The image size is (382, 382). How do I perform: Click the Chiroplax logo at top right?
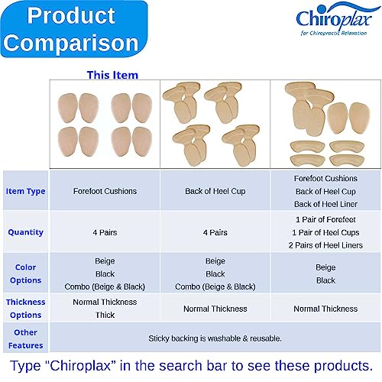(x=333, y=20)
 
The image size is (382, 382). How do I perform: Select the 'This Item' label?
(x=112, y=75)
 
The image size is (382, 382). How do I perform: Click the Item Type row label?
(x=25, y=191)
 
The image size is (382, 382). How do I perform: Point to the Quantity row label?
(x=25, y=231)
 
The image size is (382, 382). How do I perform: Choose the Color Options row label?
(x=25, y=274)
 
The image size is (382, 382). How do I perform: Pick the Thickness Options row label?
(x=25, y=308)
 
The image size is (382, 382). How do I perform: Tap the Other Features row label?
(x=25, y=337)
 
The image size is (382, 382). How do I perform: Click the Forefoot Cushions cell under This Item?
(x=105, y=191)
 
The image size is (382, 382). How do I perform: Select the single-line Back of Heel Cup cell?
(x=215, y=191)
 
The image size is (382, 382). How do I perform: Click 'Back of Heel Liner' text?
(x=325, y=204)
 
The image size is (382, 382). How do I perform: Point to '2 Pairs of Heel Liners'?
(x=325, y=244)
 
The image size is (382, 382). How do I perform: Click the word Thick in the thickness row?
(x=105, y=315)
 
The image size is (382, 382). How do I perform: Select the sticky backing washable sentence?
(x=215, y=337)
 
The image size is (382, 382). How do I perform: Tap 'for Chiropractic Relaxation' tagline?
(x=335, y=34)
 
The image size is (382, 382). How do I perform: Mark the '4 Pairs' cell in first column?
(x=105, y=232)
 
